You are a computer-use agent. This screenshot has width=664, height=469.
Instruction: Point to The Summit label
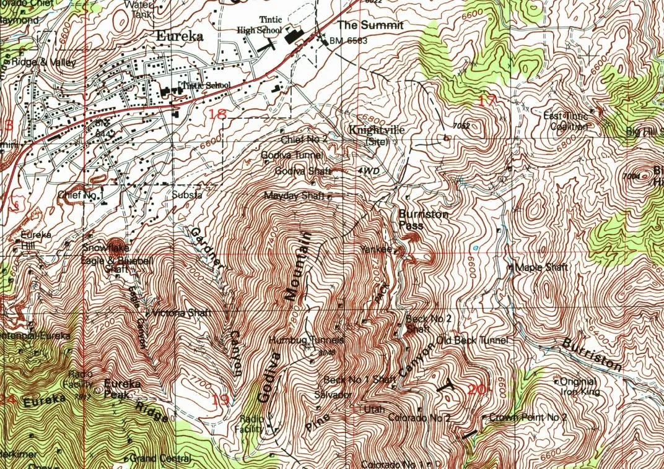point(370,25)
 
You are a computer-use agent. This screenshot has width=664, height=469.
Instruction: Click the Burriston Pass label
point(423,219)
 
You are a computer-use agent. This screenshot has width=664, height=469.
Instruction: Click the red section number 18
point(217,113)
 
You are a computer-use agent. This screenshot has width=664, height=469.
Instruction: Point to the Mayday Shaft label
point(294,196)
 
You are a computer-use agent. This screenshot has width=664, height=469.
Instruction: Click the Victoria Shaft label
point(177,312)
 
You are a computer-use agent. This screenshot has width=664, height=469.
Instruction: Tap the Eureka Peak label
point(122,388)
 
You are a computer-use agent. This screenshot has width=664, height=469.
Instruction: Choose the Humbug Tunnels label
point(306,340)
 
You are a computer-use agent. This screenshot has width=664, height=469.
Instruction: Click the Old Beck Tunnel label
point(472,340)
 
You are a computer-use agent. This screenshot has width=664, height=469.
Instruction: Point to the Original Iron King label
point(578,385)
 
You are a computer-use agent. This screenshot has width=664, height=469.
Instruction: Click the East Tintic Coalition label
point(566,121)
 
